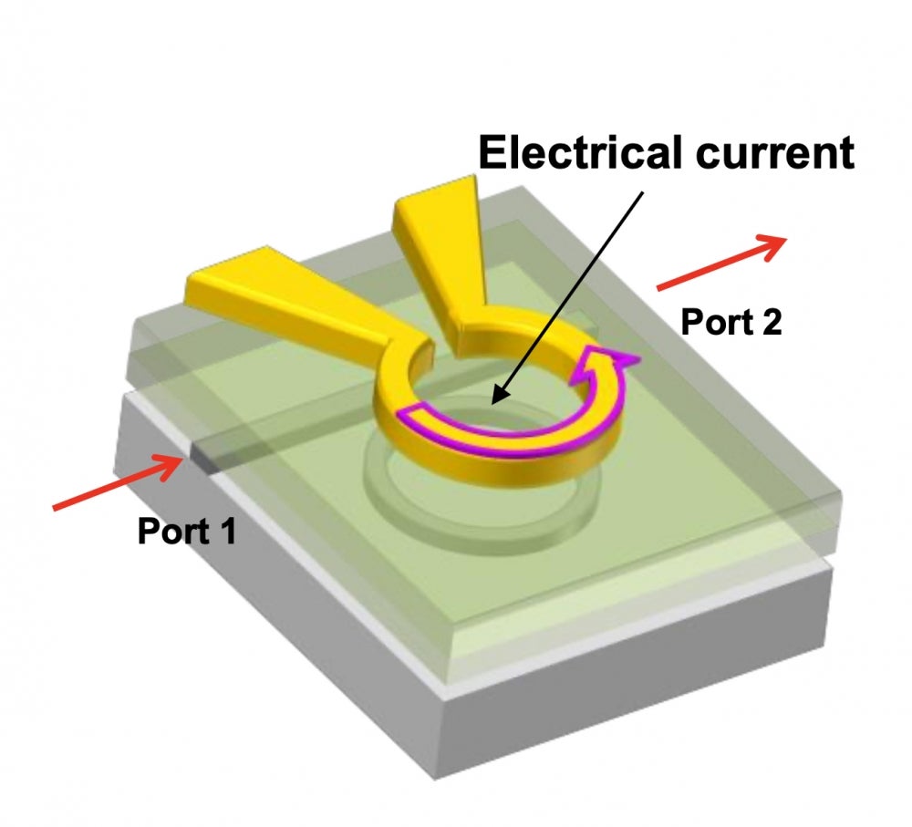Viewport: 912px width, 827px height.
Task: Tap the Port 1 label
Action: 186,531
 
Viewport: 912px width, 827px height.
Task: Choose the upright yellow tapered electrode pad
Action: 438,246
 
